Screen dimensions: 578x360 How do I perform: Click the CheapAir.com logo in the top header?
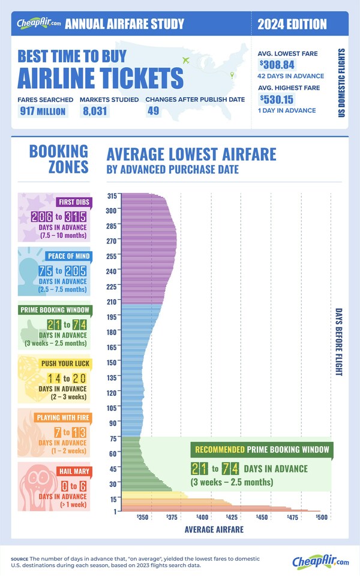point(37,24)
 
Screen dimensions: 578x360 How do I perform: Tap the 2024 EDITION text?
point(292,25)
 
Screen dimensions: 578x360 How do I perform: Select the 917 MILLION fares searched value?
point(41,111)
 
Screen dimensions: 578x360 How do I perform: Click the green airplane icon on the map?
point(185,61)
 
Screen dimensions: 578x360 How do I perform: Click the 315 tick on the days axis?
point(111,195)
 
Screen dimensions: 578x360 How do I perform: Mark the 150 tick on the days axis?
point(111,362)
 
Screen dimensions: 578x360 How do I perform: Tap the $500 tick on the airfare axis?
point(320,517)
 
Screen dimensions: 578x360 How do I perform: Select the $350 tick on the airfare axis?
point(143,517)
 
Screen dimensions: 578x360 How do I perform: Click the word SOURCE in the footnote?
point(22,559)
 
